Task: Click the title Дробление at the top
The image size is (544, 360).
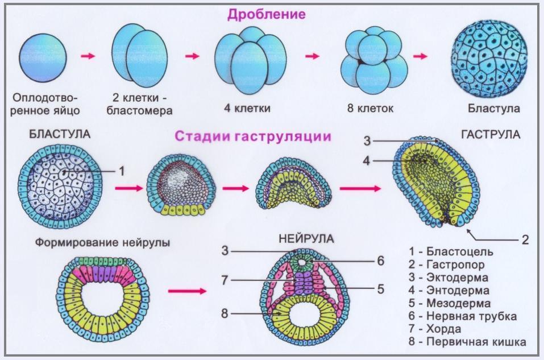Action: [x=266, y=14]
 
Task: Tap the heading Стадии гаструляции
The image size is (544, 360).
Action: [x=253, y=136]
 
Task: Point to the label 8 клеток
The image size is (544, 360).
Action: [x=369, y=107]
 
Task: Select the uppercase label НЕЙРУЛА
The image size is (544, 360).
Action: [x=301, y=237]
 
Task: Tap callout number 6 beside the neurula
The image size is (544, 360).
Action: [x=380, y=260]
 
